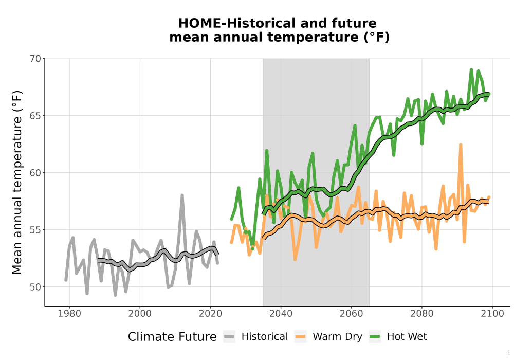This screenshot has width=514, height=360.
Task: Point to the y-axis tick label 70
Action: pos(35,59)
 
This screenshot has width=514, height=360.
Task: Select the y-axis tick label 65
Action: pos(35,116)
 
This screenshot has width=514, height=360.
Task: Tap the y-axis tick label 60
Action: pos(35,173)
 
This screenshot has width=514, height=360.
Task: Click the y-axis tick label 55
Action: pos(35,230)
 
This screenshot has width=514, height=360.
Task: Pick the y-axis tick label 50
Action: pos(35,287)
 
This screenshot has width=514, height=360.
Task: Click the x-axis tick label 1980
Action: pos(69,314)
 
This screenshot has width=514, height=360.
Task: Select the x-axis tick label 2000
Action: pos(140,314)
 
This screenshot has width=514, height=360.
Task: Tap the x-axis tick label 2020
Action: pos(210,314)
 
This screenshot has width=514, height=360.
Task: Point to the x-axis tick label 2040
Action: pos(281,314)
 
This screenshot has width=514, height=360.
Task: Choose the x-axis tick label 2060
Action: pos(352,314)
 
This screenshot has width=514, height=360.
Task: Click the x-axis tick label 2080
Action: pos(422,314)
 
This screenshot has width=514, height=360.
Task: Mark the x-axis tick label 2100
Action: pos(492,314)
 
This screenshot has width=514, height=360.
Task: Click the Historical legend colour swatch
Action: pos(229,337)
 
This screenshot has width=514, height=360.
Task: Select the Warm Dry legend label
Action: pos(337,337)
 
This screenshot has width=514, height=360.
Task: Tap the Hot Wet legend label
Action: pos(407,337)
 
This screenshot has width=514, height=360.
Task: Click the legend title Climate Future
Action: pos(172,337)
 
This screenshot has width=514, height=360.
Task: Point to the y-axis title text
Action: pos(17,182)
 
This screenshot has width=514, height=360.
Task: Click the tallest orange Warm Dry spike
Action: pos(461,145)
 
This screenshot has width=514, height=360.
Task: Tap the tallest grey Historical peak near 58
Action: pos(182,196)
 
